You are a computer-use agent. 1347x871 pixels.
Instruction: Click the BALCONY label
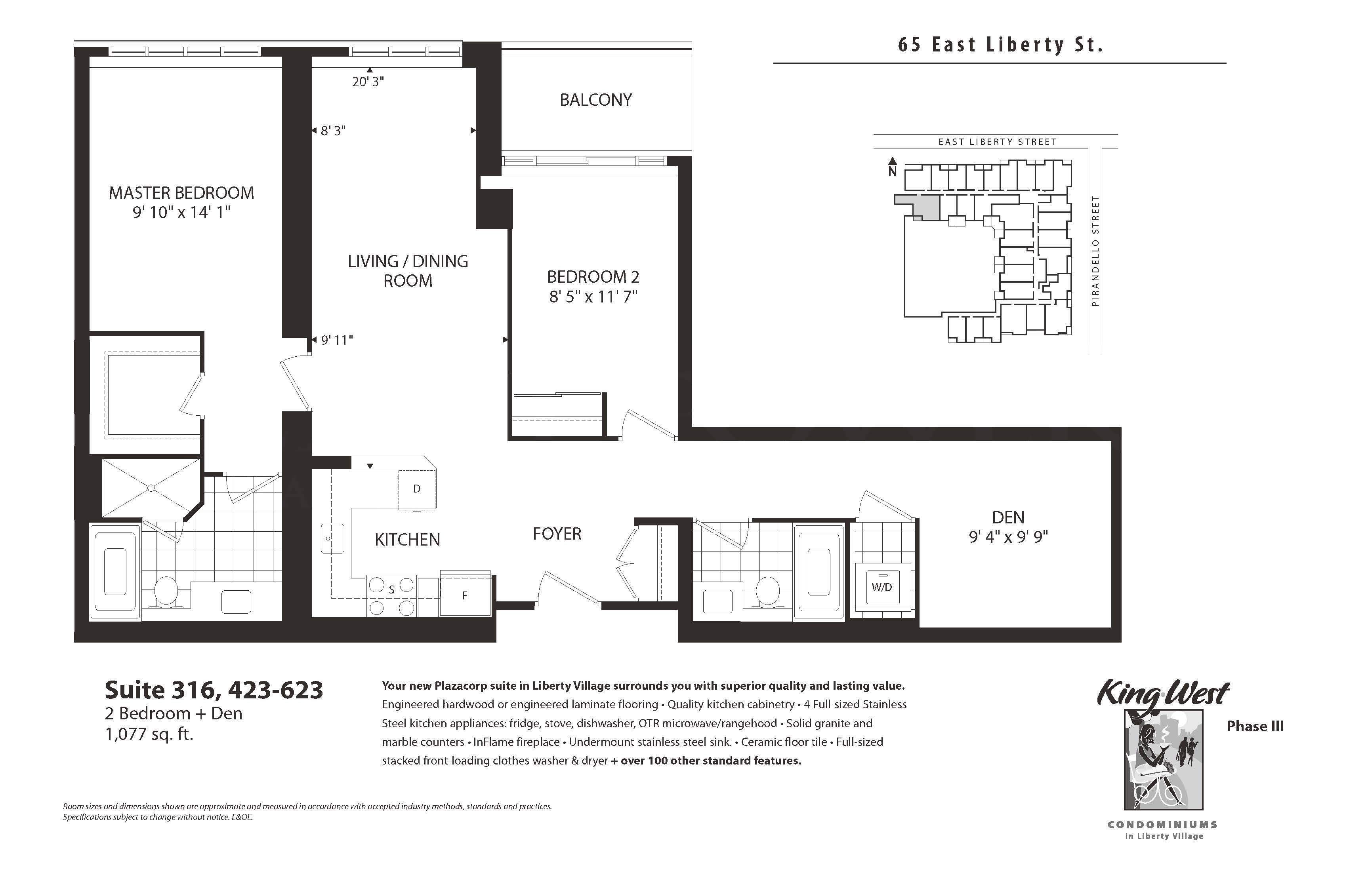click(x=595, y=100)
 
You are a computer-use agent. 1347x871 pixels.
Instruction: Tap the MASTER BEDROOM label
click(x=181, y=193)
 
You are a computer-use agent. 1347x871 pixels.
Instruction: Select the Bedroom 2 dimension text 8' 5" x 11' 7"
click(x=593, y=297)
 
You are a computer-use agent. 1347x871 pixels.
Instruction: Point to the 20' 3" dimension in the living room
click(x=368, y=82)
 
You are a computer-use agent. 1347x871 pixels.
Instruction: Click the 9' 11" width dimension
click(x=337, y=340)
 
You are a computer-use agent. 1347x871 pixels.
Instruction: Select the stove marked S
click(x=392, y=595)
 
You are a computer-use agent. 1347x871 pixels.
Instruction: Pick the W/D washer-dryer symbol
click(x=882, y=587)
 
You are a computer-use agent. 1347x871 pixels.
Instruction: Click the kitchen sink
click(x=333, y=538)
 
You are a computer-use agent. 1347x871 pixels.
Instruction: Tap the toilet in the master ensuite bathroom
click(x=166, y=591)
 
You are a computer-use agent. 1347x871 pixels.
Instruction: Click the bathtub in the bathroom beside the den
click(x=819, y=572)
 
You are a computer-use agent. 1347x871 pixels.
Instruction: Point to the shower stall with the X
click(x=151, y=487)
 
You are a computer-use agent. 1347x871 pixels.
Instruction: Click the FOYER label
click(x=557, y=534)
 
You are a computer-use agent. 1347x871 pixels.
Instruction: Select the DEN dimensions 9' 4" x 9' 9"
click(x=1008, y=536)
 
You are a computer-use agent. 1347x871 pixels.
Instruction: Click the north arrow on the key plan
click(x=893, y=166)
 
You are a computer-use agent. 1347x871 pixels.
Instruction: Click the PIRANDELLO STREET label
click(x=1095, y=251)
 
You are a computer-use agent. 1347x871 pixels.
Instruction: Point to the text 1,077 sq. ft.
click(x=149, y=734)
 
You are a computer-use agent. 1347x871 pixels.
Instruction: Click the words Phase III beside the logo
click(x=1255, y=726)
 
